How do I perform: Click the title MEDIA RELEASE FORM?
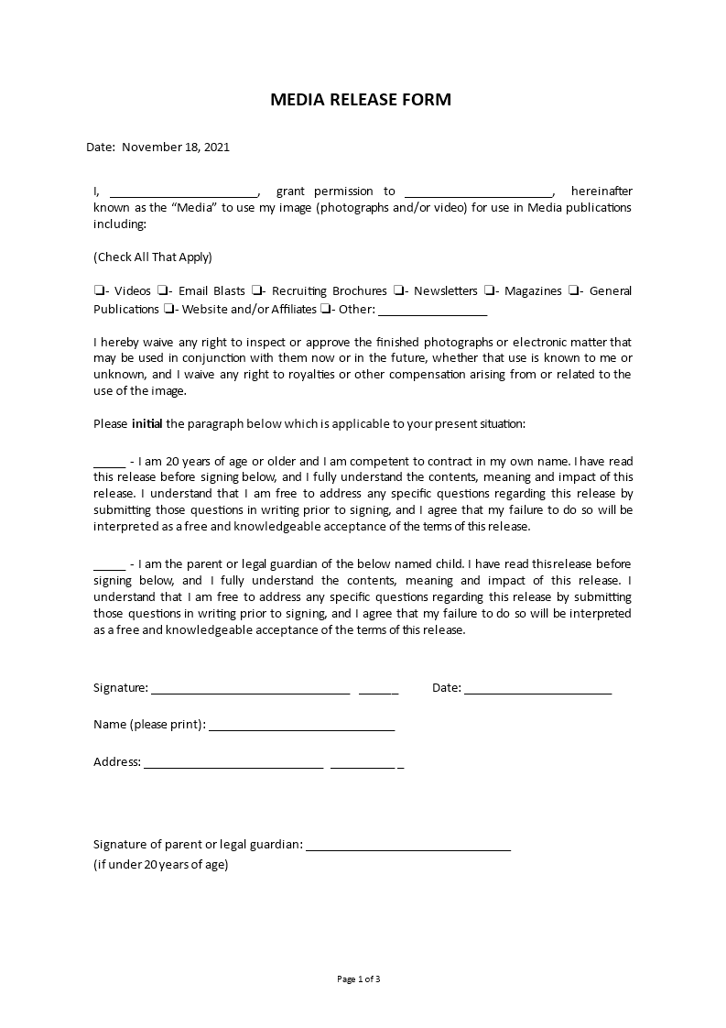pos(361,100)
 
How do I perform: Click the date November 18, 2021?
pos(176,147)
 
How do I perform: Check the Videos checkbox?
pos(98,291)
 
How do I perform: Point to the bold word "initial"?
pos(147,424)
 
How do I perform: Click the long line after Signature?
pos(250,690)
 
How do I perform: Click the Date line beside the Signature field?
pos(538,690)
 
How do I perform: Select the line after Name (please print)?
pos(302,727)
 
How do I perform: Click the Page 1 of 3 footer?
pos(359,979)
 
